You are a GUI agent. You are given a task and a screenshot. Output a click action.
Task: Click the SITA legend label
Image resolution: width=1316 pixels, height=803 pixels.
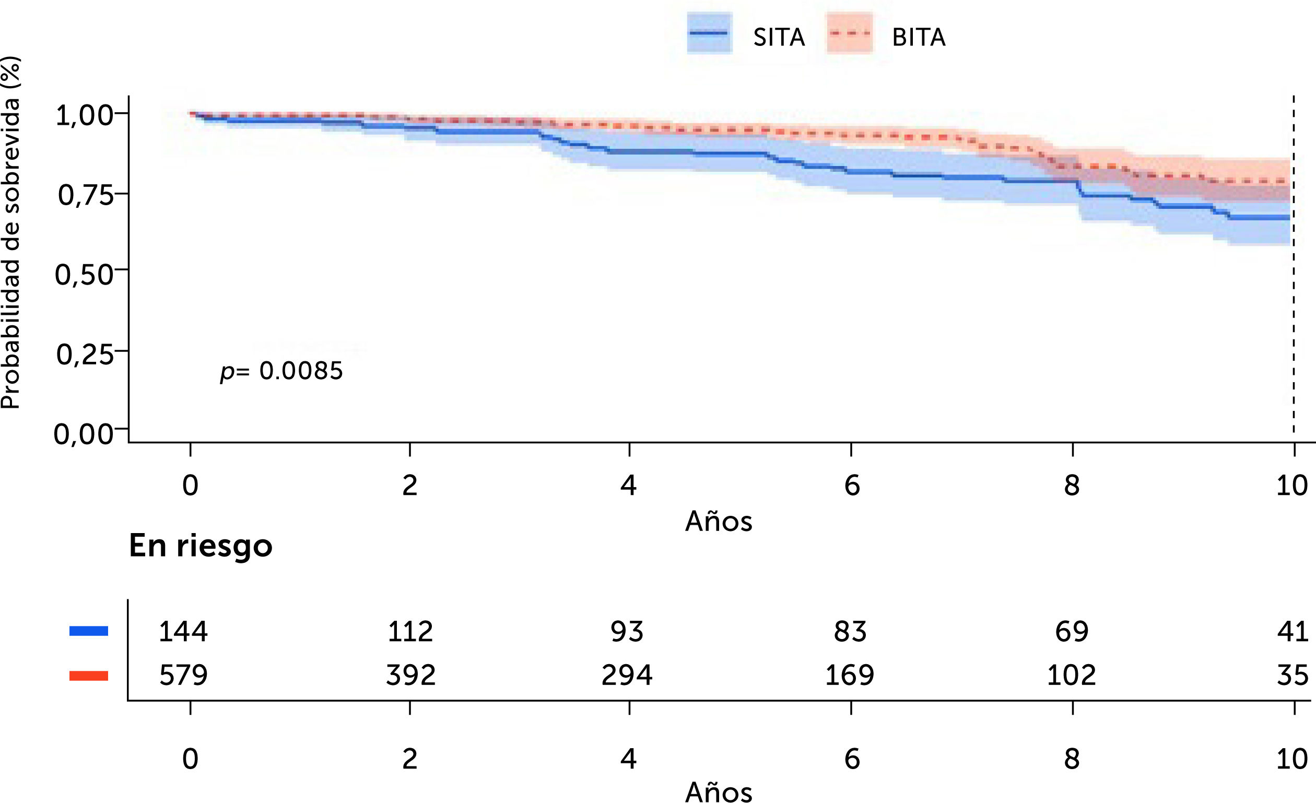tap(778, 38)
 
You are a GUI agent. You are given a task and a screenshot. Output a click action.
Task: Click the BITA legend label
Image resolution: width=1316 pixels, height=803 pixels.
tap(919, 38)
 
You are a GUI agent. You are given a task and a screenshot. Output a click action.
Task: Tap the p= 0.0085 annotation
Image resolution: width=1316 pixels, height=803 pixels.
tap(281, 371)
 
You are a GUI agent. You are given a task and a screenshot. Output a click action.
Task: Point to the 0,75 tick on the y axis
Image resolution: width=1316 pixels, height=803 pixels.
tap(86, 196)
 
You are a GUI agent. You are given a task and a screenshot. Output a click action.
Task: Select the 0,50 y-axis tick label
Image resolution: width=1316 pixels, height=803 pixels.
tap(84, 275)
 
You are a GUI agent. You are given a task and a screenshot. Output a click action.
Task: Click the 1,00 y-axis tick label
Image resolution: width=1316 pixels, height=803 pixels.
tap(84, 116)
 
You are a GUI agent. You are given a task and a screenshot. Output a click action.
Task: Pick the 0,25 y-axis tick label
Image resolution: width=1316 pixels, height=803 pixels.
tap(85, 355)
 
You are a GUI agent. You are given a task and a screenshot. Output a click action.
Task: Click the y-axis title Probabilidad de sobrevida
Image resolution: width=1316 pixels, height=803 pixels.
tap(10, 233)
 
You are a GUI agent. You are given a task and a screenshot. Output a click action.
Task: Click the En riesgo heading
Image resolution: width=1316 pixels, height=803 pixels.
tap(201, 546)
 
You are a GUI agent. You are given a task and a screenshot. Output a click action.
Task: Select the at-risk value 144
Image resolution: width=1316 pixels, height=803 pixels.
tap(183, 632)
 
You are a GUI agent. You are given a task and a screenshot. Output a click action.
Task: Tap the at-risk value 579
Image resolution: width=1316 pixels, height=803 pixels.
tap(183, 676)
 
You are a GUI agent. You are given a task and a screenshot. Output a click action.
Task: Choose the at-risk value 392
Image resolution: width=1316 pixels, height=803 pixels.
tap(410, 676)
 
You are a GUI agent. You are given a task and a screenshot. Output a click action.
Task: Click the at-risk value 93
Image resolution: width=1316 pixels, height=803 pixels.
tap(627, 632)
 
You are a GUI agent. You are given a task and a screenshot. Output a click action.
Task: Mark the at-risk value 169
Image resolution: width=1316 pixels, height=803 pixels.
tap(849, 676)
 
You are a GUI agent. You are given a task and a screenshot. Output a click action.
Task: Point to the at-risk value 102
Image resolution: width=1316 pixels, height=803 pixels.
tap(1071, 676)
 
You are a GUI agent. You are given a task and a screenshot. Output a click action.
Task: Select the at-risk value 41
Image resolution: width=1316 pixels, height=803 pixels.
tap(1292, 632)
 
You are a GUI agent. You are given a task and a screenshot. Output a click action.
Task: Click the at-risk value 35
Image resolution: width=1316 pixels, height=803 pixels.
tap(1292, 676)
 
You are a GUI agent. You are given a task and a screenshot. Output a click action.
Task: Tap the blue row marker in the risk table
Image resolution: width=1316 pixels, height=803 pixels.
tap(89, 631)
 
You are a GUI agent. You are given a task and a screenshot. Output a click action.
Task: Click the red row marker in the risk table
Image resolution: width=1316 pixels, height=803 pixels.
tap(89, 676)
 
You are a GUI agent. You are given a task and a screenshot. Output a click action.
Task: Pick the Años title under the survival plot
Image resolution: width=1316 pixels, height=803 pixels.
tap(719, 522)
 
